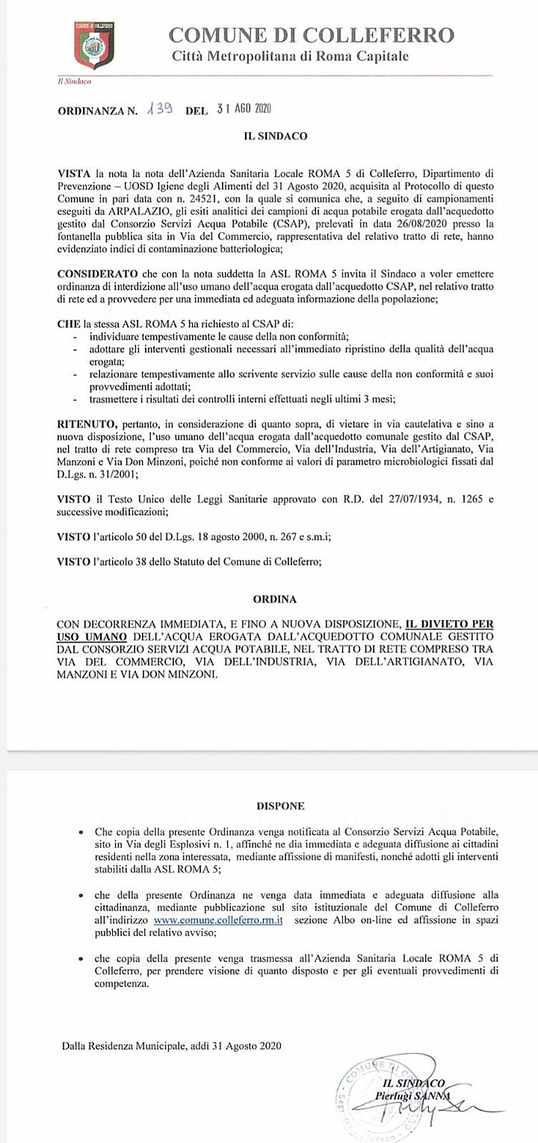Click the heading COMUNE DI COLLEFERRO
[311, 35]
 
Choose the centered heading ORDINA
[274, 599]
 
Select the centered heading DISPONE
[280, 806]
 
